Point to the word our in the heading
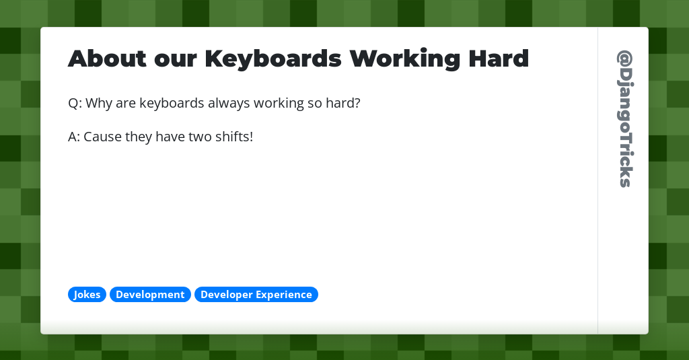(x=175, y=59)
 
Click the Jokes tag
(x=87, y=295)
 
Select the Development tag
(x=150, y=295)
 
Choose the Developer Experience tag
(x=256, y=295)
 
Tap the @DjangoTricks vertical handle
(x=624, y=118)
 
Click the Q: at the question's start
(x=75, y=104)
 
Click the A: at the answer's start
(x=75, y=137)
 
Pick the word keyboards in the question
(x=171, y=104)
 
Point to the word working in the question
(x=279, y=104)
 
